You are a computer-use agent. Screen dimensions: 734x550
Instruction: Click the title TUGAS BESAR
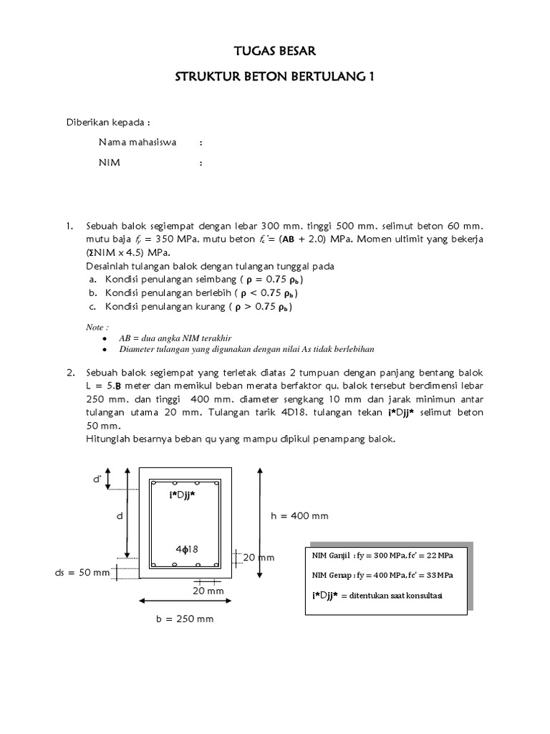point(275,51)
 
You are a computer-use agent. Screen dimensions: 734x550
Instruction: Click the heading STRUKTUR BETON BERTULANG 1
point(275,76)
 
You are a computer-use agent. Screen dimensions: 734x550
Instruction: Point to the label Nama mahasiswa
point(137,142)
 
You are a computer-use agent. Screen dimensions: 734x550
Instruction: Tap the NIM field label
point(110,163)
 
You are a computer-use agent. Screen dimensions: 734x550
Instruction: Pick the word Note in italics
point(96,326)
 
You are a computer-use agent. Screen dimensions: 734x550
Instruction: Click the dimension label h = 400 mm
point(299,515)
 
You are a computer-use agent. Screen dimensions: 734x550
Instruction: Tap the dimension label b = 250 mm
point(185,619)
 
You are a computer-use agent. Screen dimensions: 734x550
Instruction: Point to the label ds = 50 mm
point(83,572)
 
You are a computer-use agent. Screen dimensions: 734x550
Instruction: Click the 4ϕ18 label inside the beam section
point(186,549)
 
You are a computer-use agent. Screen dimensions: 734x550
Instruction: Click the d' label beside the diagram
point(97,479)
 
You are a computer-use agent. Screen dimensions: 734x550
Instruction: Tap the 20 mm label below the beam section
point(208,591)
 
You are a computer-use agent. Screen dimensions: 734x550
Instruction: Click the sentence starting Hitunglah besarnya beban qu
point(240,438)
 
